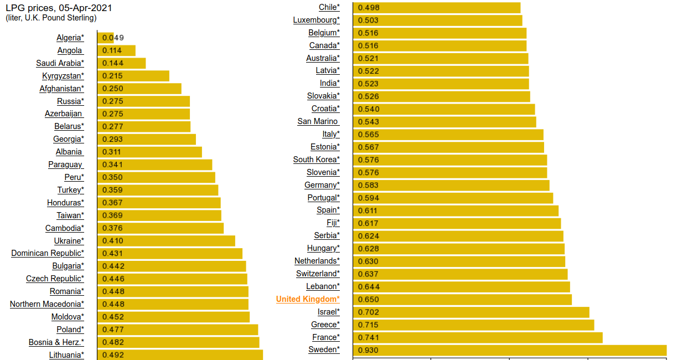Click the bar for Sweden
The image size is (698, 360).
click(x=509, y=350)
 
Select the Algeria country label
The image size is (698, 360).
click(x=70, y=38)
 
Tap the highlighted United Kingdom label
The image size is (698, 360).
click(x=308, y=300)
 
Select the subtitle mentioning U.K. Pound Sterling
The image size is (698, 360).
click(x=51, y=18)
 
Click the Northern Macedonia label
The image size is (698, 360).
click(x=47, y=304)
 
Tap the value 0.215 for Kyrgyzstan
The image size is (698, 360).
click(x=112, y=76)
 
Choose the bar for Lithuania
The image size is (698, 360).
click(x=180, y=355)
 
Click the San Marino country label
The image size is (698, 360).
click(x=318, y=121)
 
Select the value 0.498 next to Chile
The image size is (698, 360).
click(x=369, y=8)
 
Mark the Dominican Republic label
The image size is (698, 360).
click(x=48, y=254)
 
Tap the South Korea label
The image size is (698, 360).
click(x=317, y=160)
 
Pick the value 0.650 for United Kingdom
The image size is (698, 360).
click(x=369, y=300)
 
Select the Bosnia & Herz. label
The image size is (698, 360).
click(x=56, y=342)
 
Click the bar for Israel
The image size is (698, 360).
click(x=470, y=312)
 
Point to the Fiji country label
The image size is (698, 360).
click(x=333, y=223)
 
